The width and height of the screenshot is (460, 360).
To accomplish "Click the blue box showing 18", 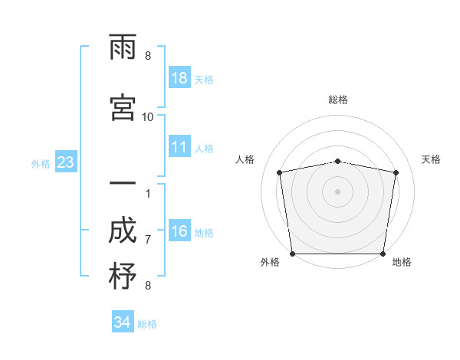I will click(x=179, y=78).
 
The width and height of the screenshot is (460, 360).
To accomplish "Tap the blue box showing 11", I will click(x=179, y=147).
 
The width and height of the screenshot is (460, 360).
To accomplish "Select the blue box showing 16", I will click(x=179, y=231).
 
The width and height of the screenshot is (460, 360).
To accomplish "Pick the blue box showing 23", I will click(x=65, y=162).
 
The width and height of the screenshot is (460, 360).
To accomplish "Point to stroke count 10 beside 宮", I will click(x=147, y=116).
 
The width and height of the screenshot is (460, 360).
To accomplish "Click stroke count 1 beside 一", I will click(x=148, y=192).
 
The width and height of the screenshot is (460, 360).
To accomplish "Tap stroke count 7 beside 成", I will click(x=148, y=239).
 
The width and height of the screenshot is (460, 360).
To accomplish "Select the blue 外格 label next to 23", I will click(x=41, y=163).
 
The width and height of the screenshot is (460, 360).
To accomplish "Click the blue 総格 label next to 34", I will click(x=147, y=324).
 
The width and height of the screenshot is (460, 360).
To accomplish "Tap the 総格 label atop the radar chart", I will click(x=337, y=100).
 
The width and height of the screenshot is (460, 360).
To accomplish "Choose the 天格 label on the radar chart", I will click(x=431, y=159).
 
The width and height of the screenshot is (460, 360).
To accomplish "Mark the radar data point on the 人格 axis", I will click(x=280, y=172).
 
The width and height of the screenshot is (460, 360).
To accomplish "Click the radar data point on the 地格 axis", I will click(x=383, y=254).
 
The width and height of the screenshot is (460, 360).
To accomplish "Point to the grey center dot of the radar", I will click(x=337, y=191).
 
